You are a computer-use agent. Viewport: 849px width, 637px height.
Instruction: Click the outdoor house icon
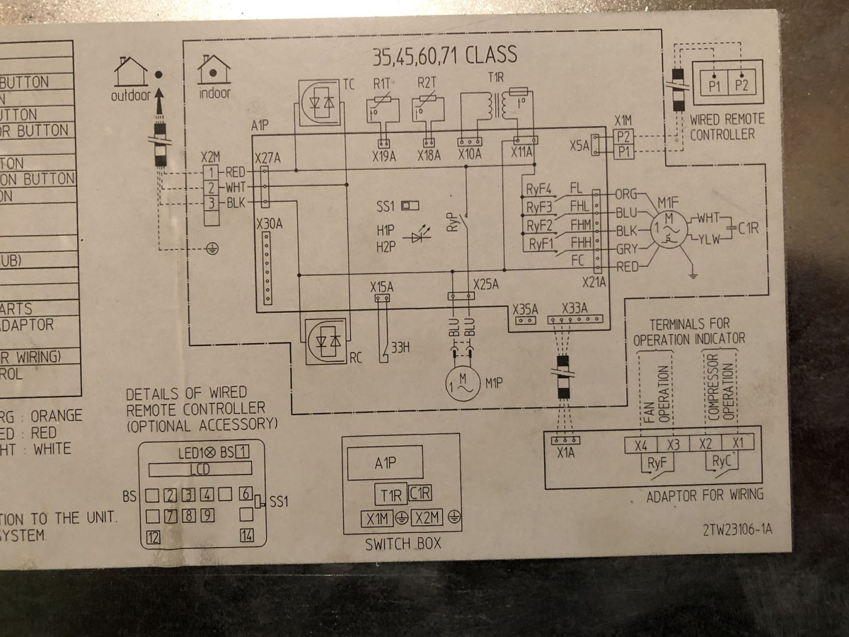click(130, 72)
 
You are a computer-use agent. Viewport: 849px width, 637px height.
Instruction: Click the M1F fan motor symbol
click(666, 230)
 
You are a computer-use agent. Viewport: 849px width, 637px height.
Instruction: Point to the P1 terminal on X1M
click(623, 152)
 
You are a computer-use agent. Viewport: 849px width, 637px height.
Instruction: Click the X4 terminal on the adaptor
click(641, 444)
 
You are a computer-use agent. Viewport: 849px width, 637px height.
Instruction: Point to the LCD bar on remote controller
click(200, 469)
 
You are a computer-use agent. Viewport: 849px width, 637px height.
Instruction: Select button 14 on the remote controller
click(247, 535)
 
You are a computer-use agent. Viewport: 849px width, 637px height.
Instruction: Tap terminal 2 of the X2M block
click(211, 188)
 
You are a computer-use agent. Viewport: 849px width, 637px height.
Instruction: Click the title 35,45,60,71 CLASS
click(444, 55)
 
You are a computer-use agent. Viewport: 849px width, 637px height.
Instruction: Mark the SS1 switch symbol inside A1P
click(410, 206)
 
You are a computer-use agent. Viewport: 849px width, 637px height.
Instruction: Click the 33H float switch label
click(401, 347)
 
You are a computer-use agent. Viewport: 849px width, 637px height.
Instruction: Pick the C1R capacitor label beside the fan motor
click(747, 229)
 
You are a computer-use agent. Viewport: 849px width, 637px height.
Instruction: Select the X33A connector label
click(574, 309)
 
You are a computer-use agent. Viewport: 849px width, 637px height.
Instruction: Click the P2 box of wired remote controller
click(741, 86)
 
